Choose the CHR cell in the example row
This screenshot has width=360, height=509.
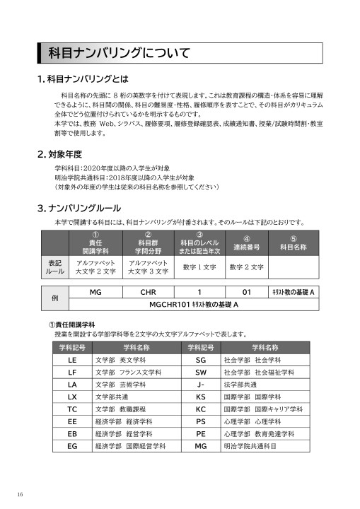(x=148, y=291)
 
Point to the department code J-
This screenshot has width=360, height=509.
(x=200, y=384)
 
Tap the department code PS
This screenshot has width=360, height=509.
(x=200, y=421)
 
